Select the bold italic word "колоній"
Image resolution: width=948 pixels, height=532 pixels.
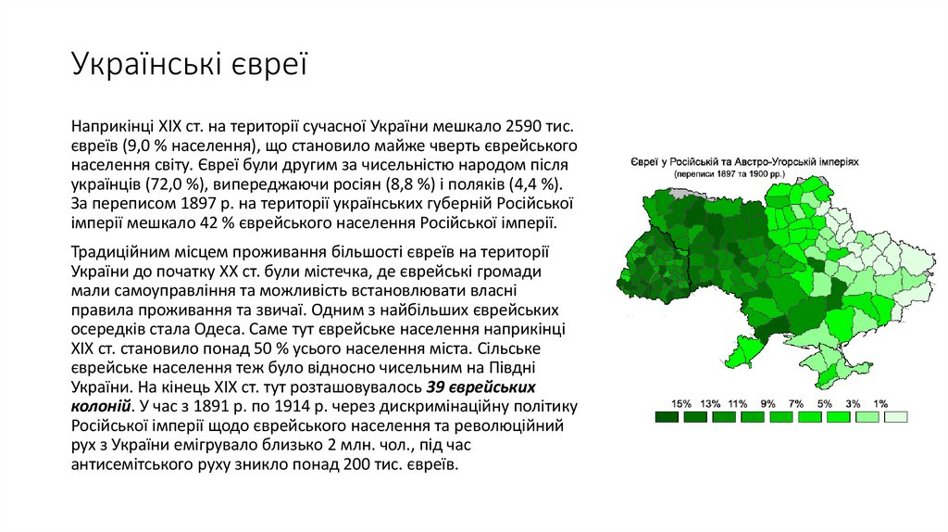pyautogui.click(x=99, y=406)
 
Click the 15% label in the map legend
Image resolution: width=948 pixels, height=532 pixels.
pyautogui.click(x=681, y=403)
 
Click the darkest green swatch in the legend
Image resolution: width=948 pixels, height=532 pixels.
pyautogui.click(x=667, y=417)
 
